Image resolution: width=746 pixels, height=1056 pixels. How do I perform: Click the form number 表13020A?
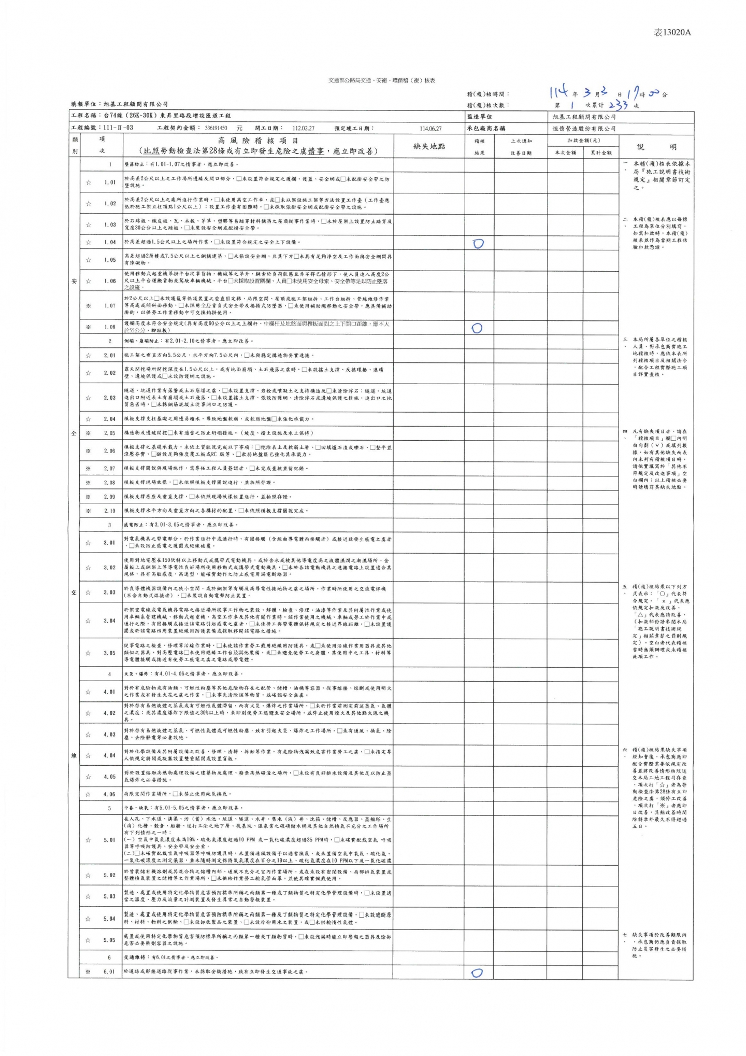tap(672, 33)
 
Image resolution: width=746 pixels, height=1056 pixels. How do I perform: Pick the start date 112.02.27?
tap(303, 128)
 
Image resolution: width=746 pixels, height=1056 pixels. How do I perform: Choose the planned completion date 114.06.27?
tap(431, 128)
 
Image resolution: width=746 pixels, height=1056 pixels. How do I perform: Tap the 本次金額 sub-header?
tap(565, 152)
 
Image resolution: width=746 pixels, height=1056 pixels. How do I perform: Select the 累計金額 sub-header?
tap(601, 152)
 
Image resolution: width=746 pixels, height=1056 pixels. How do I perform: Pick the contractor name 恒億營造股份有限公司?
tap(584, 128)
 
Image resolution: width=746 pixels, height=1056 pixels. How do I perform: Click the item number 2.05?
tap(109, 433)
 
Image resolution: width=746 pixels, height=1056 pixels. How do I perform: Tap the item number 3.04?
tap(109, 621)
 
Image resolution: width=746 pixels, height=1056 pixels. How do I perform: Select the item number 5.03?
tap(109, 896)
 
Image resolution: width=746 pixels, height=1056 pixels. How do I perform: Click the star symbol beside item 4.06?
tap(89, 794)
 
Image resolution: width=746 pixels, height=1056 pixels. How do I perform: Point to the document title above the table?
tap(382, 81)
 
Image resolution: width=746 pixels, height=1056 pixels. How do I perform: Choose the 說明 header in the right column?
tap(656, 147)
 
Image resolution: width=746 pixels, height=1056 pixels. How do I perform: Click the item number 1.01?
tap(109, 182)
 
